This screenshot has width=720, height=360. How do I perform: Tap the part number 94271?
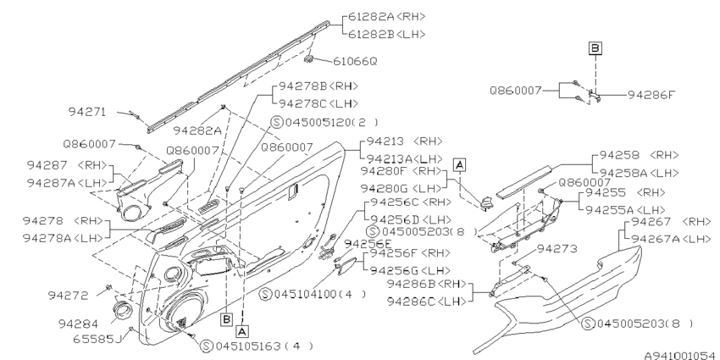(x=86, y=111)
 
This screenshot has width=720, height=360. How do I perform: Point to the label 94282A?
(x=197, y=130)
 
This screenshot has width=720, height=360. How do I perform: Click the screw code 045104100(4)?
(x=302, y=294)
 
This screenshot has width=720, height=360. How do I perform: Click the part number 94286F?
(x=651, y=96)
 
